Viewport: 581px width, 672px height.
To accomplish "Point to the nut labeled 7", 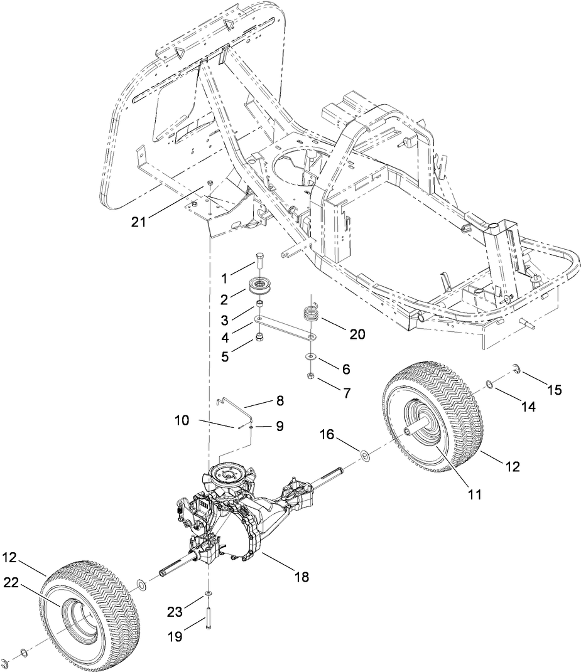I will point(311,375).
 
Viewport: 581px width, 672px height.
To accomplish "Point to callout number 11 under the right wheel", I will point(474,494).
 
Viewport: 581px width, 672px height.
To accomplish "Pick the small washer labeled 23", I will point(209,593).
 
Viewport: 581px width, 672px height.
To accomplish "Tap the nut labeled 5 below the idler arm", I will point(258,339).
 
